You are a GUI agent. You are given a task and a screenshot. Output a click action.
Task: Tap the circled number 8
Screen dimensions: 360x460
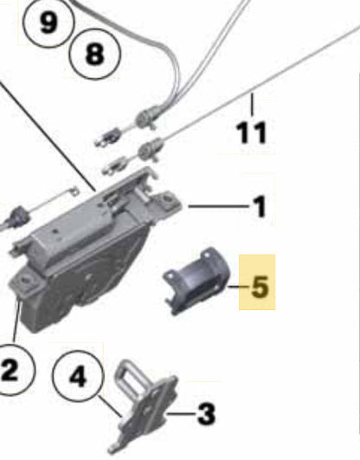[x=94, y=54]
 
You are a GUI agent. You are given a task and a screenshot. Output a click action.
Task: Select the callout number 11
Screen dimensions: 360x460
[x=252, y=133]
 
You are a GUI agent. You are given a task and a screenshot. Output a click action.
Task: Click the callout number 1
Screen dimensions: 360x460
[x=259, y=207]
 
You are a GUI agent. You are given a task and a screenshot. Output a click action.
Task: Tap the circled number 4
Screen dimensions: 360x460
[x=78, y=376]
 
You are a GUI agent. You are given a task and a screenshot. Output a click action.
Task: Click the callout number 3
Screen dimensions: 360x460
[x=206, y=414]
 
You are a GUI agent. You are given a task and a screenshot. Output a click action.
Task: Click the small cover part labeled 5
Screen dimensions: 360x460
[x=196, y=281]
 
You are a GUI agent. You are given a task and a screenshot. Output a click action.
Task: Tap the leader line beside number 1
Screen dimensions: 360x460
[x=218, y=206]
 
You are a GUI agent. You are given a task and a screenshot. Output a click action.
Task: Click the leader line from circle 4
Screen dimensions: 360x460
[x=110, y=406]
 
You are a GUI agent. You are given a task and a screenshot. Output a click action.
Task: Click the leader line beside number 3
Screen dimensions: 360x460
[x=181, y=414]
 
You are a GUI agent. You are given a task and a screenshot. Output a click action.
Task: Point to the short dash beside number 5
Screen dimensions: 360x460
[x=239, y=287]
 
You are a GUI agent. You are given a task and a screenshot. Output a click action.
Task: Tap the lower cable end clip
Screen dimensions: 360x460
[x=115, y=166]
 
